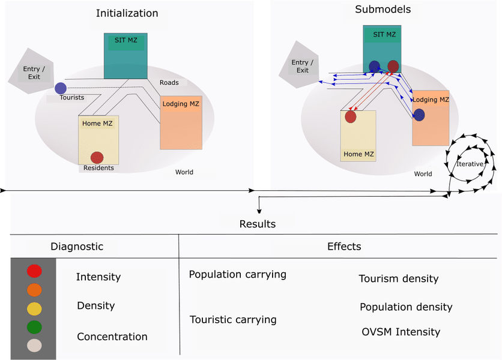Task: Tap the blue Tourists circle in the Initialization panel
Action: click(x=61, y=88)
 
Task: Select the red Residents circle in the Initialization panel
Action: click(x=97, y=157)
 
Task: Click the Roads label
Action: click(x=169, y=82)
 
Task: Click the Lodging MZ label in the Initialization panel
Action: click(x=180, y=104)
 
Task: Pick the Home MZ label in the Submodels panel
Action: click(x=358, y=154)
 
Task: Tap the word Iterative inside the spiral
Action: click(x=470, y=164)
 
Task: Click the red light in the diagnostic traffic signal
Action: click(x=34, y=271)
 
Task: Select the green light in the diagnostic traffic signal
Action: click(x=34, y=327)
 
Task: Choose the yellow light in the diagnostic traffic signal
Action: click(x=34, y=308)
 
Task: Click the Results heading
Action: click(x=257, y=224)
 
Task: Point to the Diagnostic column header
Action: click(x=76, y=247)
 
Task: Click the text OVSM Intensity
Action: click(x=401, y=332)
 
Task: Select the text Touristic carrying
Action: click(x=233, y=320)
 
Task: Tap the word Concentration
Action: click(x=112, y=337)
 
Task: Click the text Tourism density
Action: click(x=398, y=278)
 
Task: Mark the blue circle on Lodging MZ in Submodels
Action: click(x=419, y=115)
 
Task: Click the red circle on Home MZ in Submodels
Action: click(x=350, y=116)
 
